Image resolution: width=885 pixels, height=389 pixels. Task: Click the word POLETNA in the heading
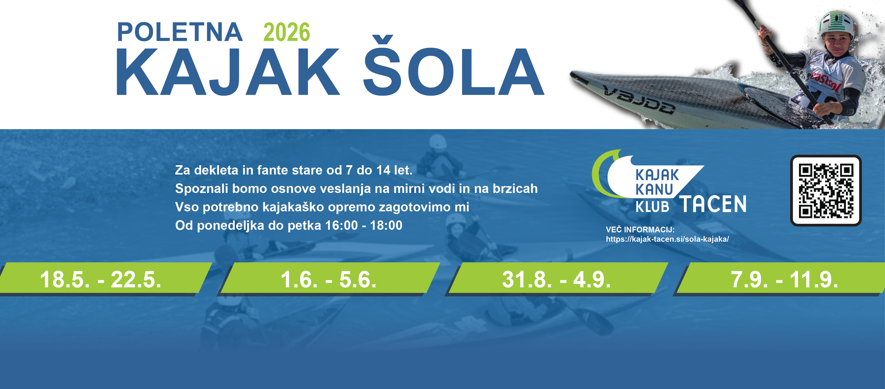click(180, 32)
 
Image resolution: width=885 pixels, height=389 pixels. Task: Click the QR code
click(826, 191)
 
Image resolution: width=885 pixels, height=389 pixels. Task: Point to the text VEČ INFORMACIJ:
click(640, 230)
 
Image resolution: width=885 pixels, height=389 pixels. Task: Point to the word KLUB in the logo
click(652, 207)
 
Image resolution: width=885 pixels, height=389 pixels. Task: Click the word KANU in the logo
click(654, 190)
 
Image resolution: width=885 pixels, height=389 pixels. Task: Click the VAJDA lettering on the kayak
click(639, 100)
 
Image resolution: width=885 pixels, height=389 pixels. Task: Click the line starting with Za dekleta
click(294, 170)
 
